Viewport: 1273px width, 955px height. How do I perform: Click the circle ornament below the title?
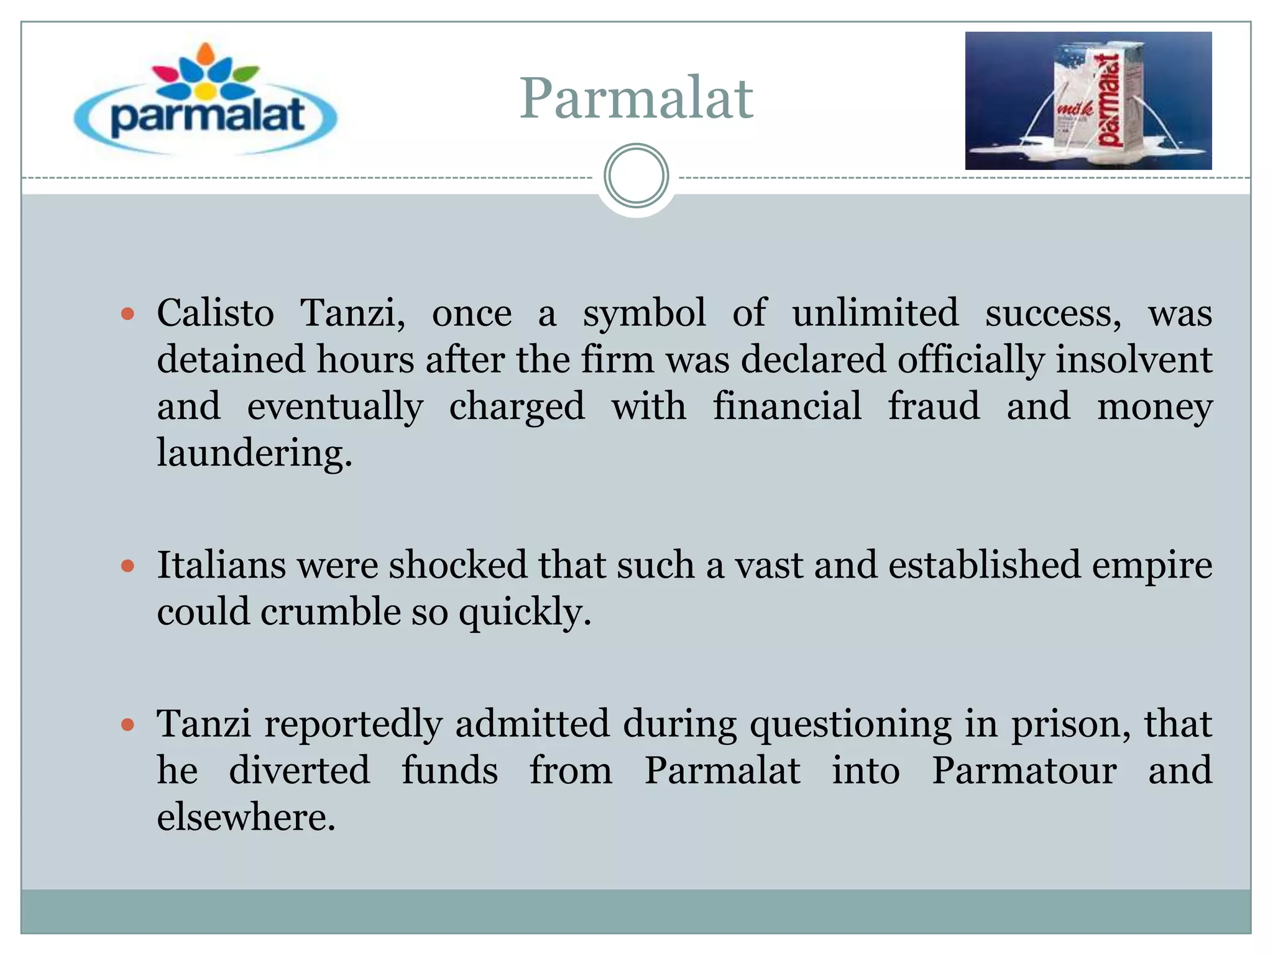point(636,176)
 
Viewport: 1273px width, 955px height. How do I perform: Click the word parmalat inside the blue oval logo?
point(207,116)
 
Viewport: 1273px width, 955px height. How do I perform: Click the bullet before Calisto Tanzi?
point(128,314)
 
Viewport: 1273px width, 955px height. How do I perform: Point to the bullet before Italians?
point(128,566)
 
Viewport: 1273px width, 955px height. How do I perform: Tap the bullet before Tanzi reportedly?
point(128,724)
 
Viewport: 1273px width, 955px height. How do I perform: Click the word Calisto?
point(215,313)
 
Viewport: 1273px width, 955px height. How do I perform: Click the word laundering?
point(254,453)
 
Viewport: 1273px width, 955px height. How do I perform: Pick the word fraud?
point(933,406)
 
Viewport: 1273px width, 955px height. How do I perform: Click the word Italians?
point(221,565)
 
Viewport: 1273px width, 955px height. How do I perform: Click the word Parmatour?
point(1024,770)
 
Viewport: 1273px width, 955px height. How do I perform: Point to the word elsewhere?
point(246,817)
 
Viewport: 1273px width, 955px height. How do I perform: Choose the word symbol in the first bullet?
point(644,313)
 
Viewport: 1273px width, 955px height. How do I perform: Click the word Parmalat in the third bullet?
point(722,770)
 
